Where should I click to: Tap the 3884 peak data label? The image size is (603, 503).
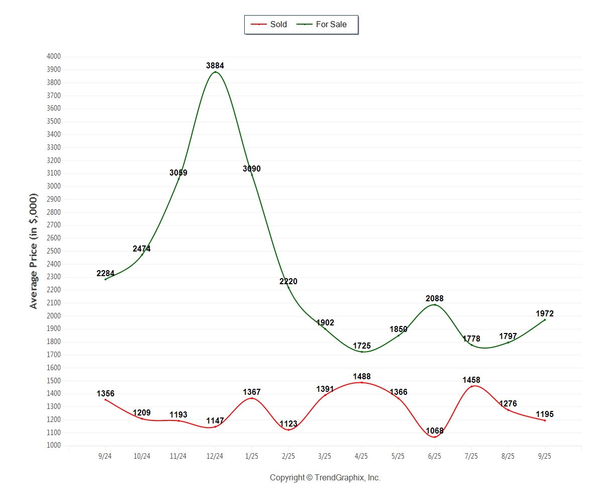coord(215,65)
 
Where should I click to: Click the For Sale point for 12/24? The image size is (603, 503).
coord(215,72)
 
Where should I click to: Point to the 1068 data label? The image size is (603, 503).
coord(435,431)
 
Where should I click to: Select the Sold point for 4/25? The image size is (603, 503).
coord(361,382)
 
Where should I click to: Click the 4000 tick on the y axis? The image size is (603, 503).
coord(53,56)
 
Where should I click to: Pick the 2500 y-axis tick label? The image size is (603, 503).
coord(53,251)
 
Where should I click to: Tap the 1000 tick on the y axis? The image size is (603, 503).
coord(53,446)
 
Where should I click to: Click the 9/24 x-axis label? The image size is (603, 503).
coord(106,456)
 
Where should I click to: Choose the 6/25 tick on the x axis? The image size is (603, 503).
coord(435,456)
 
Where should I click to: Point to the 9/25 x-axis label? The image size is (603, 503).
coord(545,456)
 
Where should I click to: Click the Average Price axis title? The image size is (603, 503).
coord(34,250)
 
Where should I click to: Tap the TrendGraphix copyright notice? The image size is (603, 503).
coord(325,477)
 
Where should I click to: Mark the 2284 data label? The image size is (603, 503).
coord(106,274)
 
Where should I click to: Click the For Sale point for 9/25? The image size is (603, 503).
coord(545,320)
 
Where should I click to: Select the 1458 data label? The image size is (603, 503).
coord(471,380)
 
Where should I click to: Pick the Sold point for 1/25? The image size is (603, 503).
coord(252,398)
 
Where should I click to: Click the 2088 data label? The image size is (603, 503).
coord(435,299)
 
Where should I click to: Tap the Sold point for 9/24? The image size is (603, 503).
coord(106,399)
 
